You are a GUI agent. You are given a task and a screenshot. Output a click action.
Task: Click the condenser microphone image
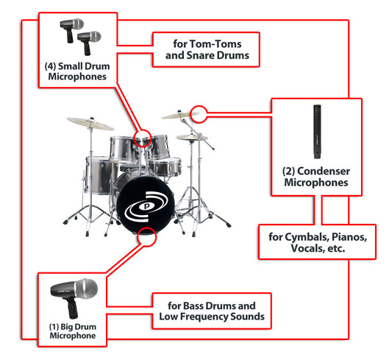317,132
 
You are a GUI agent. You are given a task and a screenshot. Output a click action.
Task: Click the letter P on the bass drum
147,207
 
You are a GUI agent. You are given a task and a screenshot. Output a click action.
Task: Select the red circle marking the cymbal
199,114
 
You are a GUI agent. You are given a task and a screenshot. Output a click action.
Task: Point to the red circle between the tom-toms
143,138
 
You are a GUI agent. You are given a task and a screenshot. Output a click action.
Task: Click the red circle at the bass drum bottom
147,236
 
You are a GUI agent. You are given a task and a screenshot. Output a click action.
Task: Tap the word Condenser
324,172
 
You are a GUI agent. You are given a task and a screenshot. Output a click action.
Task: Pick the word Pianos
349,237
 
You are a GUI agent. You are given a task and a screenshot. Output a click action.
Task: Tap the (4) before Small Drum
50,66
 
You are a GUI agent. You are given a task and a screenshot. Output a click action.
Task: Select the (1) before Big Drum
54,327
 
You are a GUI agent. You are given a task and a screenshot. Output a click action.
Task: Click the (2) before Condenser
289,172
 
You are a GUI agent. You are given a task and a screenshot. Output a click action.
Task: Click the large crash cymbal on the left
90,124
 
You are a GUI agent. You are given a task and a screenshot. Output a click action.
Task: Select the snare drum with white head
165,166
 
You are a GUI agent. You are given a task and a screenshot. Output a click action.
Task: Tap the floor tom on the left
99,175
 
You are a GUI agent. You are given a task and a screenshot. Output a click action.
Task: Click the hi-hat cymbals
192,137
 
